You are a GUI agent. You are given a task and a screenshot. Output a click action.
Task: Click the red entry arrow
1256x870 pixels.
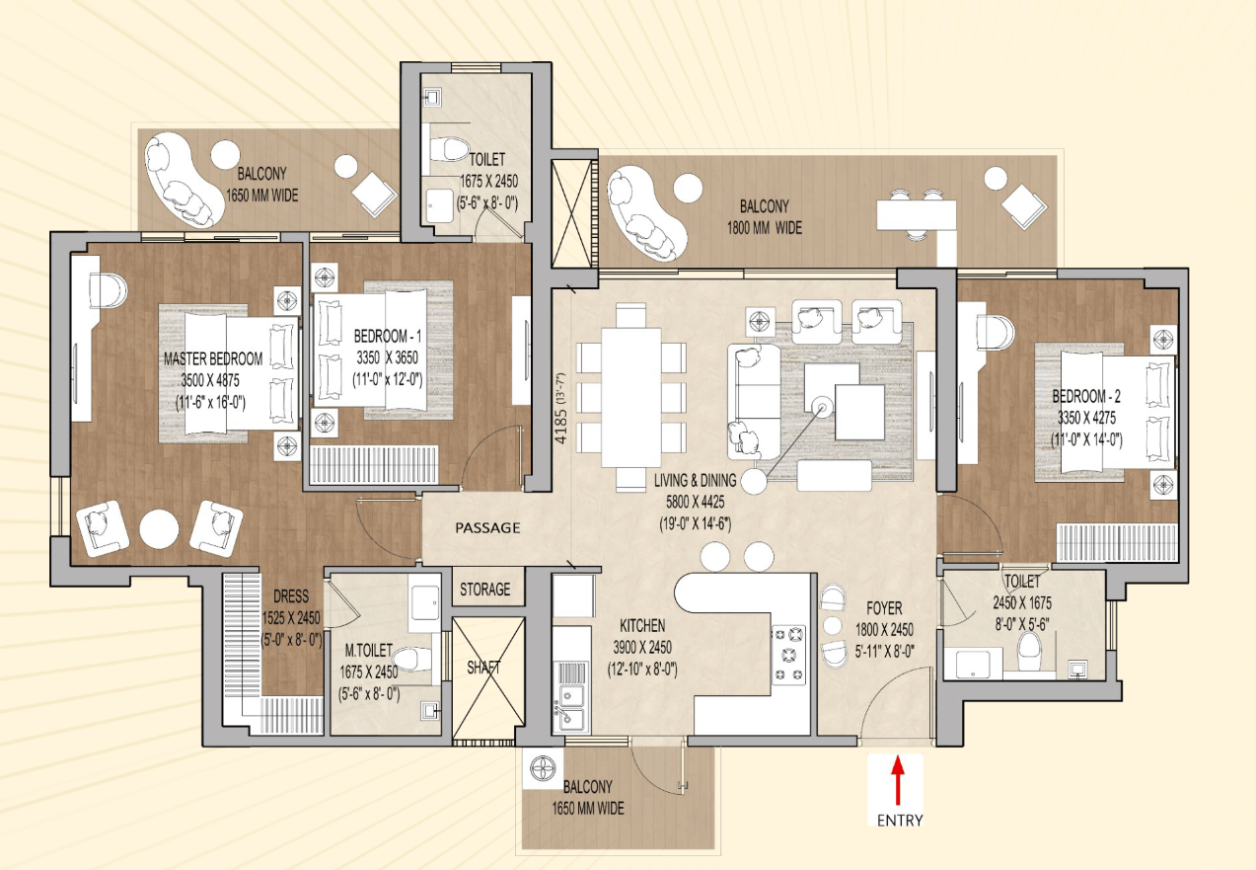pyautogui.click(x=898, y=780)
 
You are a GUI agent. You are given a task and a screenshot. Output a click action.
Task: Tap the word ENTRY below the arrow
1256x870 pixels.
pyautogui.click(x=900, y=821)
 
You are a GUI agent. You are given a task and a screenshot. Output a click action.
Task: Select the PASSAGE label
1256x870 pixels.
pyautogui.click(x=487, y=527)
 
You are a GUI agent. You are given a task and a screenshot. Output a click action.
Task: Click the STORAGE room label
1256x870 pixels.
pyautogui.click(x=485, y=590)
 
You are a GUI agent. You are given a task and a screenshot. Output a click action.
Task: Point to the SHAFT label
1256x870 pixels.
pyautogui.click(x=483, y=668)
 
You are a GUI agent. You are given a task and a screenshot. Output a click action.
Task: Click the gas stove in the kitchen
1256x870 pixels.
pyautogui.click(x=789, y=655)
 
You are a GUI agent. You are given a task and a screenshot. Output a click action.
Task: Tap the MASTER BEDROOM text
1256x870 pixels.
pyautogui.click(x=213, y=358)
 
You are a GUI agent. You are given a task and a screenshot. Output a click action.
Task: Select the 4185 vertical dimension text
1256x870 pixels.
pyautogui.click(x=560, y=408)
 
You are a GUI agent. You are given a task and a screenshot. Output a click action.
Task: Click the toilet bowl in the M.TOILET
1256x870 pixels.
pyautogui.click(x=412, y=659)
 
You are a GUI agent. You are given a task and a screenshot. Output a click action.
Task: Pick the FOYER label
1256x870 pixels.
pyautogui.click(x=884, y=608)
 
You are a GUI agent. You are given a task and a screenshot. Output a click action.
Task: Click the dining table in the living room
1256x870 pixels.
pyautogui.click(x=630, y=397)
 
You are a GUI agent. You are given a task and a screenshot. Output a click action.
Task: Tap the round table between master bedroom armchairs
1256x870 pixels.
pyautogui.click(x=159, y=528)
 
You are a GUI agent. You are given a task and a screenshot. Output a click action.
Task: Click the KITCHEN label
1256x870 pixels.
pyautogui.click(x=642, y=625)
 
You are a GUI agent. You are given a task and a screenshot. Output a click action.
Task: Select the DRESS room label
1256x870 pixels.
pyautogui.click(x=291, y=596)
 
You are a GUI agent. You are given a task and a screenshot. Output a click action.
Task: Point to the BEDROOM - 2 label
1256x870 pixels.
pyautogui.click(x=1086, y=396)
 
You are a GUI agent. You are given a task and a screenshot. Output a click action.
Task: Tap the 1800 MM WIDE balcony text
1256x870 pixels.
pyautogui.click(x=765, y=228)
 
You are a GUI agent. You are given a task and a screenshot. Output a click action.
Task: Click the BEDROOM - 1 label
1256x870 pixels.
pyautogui.click(x=388, y=336)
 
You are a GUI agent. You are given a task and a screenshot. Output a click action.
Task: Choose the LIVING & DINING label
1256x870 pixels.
pyautogui.click(x=696, y=481)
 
